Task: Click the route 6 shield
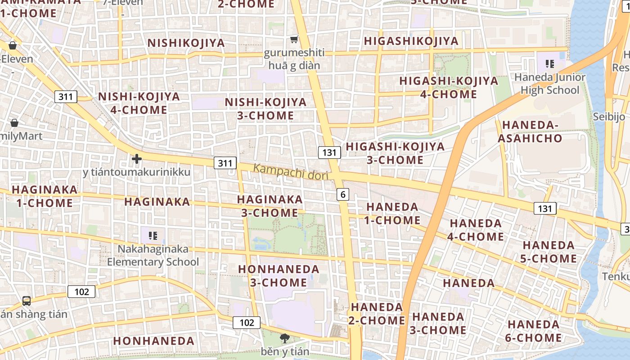click(343, 194)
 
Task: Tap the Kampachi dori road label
click(291, 172)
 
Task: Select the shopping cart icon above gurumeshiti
click(294, 40)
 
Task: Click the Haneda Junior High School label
click(549, 84)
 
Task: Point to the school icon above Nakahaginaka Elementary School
click(153, 235)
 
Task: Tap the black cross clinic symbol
click(137, 159)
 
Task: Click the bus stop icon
click(27, 301)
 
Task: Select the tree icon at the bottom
click(284, 338)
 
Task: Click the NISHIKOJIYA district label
click(186, 43)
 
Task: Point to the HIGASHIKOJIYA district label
click(411, 41)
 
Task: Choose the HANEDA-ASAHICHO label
click(530, 131)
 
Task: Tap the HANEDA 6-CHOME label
click(534, 331)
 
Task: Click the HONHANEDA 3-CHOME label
click(279, 276)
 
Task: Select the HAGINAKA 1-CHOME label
click(45, 196)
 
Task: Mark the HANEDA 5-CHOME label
click(549, 252)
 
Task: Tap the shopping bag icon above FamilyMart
click(14, 123)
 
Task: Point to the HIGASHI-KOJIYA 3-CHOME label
click(395, 153)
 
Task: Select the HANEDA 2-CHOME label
click(377, 314)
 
